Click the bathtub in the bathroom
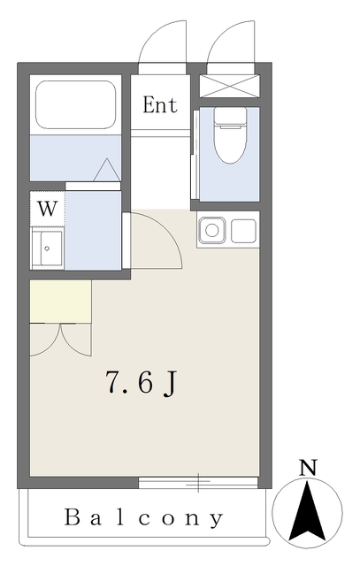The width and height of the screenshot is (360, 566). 76,104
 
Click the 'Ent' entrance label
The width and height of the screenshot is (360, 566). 160,105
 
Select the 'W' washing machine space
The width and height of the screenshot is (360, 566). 47,209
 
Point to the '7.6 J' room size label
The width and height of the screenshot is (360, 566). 142,383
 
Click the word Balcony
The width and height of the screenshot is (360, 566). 143,517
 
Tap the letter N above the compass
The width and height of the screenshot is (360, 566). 308,468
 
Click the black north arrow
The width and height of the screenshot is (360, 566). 307,510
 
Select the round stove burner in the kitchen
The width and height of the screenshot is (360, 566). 212,230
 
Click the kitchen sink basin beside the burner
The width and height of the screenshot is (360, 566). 244,231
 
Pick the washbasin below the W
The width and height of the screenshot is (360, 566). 48,248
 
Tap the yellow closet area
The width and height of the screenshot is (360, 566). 60,302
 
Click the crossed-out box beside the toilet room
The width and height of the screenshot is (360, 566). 230,86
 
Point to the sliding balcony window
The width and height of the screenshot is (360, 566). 198,482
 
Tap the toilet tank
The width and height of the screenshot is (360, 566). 230,116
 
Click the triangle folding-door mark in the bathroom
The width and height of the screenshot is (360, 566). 107,170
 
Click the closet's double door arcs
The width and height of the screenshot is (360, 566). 60,340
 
